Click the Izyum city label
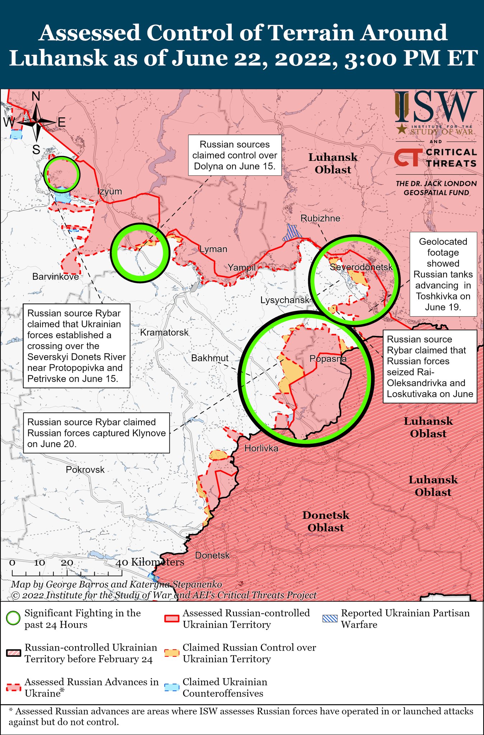pyautogui.click(x=109, y=191)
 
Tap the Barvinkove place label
pyautogui.click(x=55, y=276)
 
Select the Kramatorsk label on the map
pyautogui.click(x=164, y=332)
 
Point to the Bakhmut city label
pyautogui.click(x=210, y=358)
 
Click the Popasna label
pyautogui.click(x=328, y=359)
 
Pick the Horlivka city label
pyautogui.click(x=261, y=448)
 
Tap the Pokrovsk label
pyautogui.click(x=85, y=469)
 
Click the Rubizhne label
pyautogui.click(x=320, y=218)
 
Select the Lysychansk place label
pyautogui.click(x=285, y=300)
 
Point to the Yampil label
pyautogui.click(x=241, y=267)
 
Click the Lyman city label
pyautogui.click(x=213, y=249)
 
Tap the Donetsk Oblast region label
pyautogui.click(x=325, y=521)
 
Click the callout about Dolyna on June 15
pyautogui.click(x=235, y=155)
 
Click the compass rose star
pyautogui.click(x=37, y=123)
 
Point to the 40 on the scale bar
pyautogui.click(x=122, y=562)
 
